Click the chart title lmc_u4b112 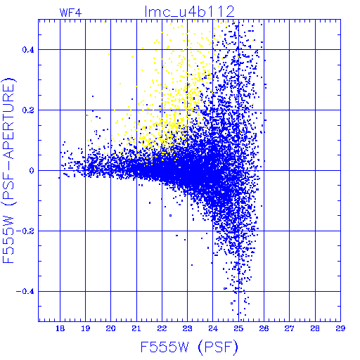[x=189, y=12]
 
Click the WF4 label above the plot [x=71, y=13]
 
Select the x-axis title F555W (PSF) [x=189, y=347]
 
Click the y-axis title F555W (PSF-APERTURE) [x=9, y=170]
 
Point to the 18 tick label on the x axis [x=60, y=328]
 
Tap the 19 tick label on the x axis [x=86, y=328]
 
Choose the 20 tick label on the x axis [x=111, y=328]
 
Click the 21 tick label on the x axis [x=136, y=328]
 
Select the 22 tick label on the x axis [x=162, y=328]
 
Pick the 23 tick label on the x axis [x=187, y=328]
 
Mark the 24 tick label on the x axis [x=213, y=328]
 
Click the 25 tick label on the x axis [x=238, y=328]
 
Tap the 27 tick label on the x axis [x=289, y=328]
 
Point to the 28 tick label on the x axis [x=315, y=328]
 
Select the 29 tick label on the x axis [x=340, y=328]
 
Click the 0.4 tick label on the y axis [x=28, y=49]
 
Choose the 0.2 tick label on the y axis [x=28, y=110]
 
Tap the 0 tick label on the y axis [x=32, y=170]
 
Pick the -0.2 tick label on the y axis [x=25, y=231]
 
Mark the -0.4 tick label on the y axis [x=25, y=291]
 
